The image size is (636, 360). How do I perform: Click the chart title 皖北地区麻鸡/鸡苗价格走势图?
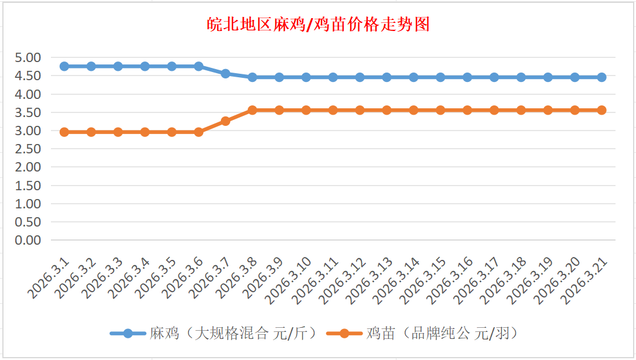[x=319, y=25]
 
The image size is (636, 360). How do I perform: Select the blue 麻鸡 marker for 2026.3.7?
[x=225, y=74]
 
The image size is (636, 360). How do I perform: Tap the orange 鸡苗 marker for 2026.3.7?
[x=225, y=121]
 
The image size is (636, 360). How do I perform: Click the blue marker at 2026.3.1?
[x=64, y=66]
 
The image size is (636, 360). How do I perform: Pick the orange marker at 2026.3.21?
[x=601, y=110]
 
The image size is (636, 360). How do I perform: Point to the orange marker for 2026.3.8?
[x=252, y=110]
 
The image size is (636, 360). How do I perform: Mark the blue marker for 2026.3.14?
[x=413, y=77]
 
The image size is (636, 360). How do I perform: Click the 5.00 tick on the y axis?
[x=28, y=57]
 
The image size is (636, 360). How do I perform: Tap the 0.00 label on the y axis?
[x=28, y=240]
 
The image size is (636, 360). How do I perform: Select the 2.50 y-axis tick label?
[x=28, y=149]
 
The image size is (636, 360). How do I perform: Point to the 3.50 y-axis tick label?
[x=28, y=112]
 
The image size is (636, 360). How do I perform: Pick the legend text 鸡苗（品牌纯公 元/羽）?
[x=442, y=334]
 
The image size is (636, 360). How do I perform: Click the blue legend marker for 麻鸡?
[x=128, y=334]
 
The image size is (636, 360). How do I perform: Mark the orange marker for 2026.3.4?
[x=145, y=132]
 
